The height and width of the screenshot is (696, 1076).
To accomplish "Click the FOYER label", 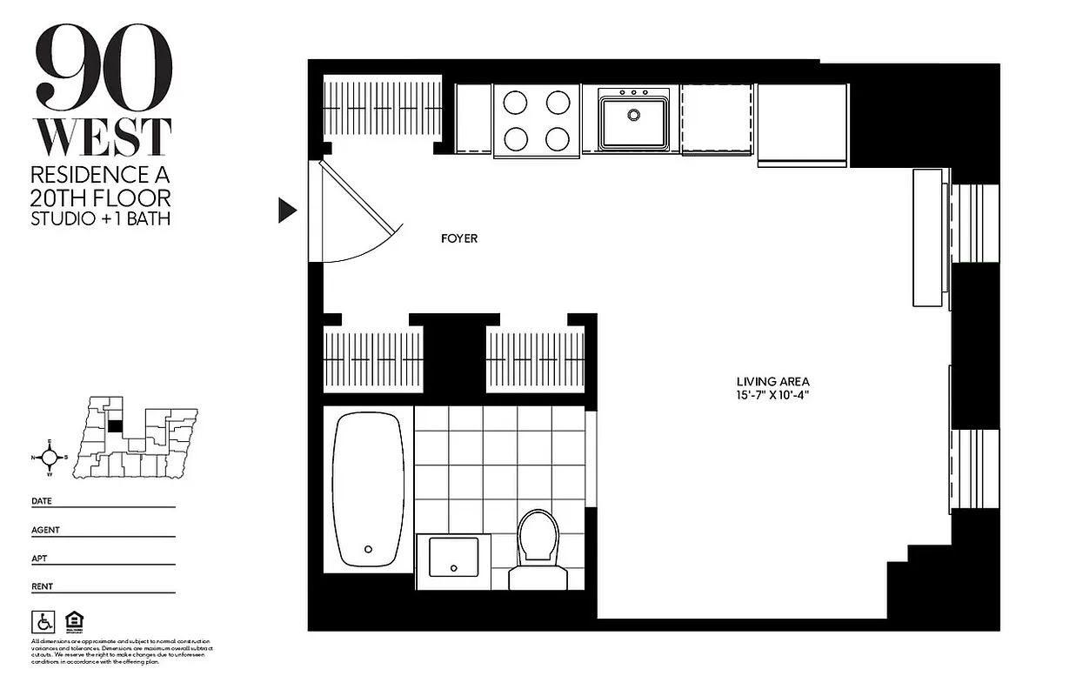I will coord(459,238).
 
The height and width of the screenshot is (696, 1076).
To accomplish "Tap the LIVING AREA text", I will coord(772,381).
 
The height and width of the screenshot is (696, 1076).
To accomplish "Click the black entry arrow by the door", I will coord(287,211).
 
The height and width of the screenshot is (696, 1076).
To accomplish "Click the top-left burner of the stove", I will coord(516,103).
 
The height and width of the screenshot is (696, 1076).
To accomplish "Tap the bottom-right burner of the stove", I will coord(558,138).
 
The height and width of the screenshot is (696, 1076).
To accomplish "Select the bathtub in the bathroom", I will coord(369,490).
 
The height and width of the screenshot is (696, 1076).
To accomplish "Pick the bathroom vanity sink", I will coord(453,557).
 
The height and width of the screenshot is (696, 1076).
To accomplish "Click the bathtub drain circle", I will coord(368,549).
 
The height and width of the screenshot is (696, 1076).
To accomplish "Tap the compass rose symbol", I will coord(50,458).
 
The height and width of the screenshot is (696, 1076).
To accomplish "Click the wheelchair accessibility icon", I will coord(43,622).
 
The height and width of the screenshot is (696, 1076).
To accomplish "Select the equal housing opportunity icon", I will coord(74,622).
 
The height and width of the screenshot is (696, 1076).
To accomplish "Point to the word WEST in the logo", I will coord(103,137).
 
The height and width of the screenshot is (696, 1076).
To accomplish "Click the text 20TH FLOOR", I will coord(101,197).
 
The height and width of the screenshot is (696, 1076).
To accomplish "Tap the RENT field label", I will coord(42,586).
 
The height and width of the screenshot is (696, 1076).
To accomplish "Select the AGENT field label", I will coord(45,530).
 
